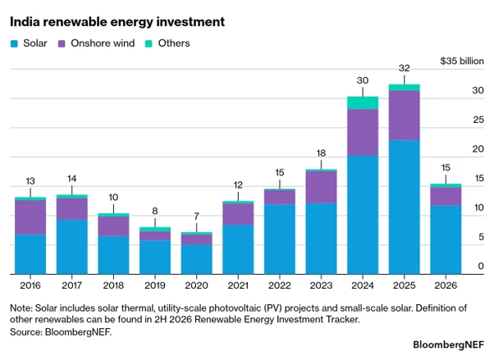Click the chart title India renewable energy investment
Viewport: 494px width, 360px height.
click(117, 22)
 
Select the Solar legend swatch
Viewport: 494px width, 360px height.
click(14, 43)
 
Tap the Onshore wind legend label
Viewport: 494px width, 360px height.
click(103, 43)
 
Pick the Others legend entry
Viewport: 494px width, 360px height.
click(167, 43)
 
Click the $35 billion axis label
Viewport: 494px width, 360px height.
click(462, 61)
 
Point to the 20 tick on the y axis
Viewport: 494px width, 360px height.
click(478, 148)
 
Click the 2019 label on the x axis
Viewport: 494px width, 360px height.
click(155, 285)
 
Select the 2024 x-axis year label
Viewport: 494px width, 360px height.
click(363, 285)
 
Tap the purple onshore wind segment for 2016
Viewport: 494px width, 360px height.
click(30, 217)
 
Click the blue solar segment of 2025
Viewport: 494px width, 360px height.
click(405, 207)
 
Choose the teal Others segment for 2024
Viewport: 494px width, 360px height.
click(363, 103)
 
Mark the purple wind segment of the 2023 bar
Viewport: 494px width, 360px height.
click(321, 187)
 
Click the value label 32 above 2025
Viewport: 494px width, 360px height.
click(405, 68)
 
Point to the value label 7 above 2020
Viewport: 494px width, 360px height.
click(197, 216)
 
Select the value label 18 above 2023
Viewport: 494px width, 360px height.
click(321, 153)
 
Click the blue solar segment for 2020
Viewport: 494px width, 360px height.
click(197, 259)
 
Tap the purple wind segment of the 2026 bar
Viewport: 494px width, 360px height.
click(446, 196)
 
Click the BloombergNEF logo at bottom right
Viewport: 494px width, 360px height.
click(448, 344)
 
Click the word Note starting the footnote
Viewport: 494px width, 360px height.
click(21, 308)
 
